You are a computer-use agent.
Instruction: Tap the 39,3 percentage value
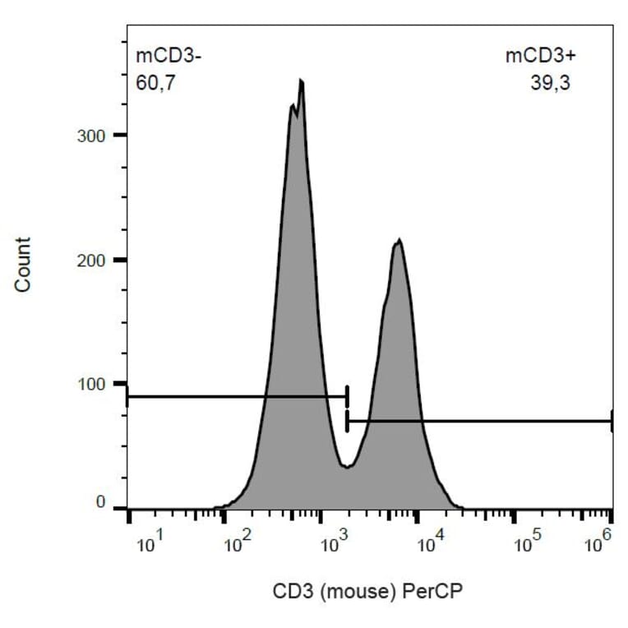(550, 83)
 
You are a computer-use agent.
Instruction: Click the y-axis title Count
(23, 264)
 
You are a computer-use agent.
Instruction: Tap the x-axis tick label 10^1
(152, 543)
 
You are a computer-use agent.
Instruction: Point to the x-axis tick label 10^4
(431, 543)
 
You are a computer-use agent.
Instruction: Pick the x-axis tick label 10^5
(526, 543)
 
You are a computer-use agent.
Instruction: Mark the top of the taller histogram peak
(302, 81)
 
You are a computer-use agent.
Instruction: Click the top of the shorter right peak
(399, 240)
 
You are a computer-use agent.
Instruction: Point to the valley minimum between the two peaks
(348, 467)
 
